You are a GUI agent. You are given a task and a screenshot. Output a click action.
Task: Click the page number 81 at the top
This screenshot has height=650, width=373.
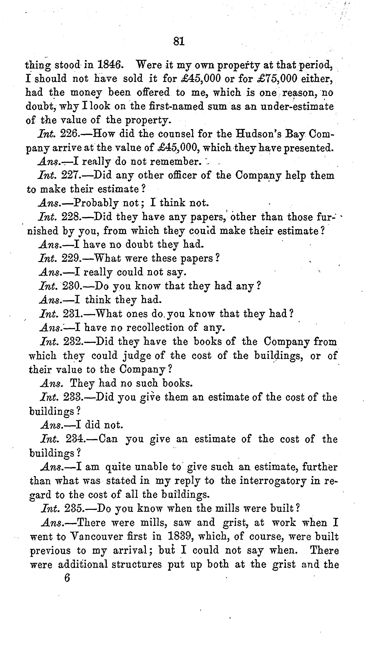[179, 41]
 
